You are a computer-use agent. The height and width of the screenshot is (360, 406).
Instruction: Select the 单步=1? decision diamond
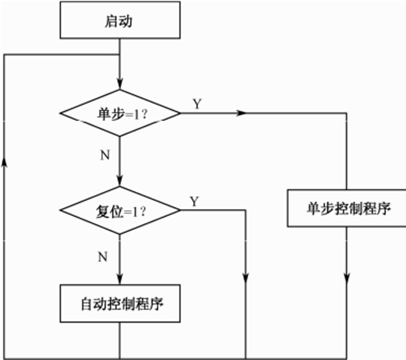pyautogui.click(x=119, y=113)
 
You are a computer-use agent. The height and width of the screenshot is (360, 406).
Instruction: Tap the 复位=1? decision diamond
pyautogui.click(x=119, y=210)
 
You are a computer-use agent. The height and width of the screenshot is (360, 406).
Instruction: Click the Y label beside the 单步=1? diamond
pyautogui.click(x=197, y=104)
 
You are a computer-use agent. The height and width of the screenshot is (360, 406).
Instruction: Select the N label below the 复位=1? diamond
pyautogui.click(x=103, y=257)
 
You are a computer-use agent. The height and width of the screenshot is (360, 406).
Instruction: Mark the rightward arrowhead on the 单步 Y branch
pyautogui.click(x=241, y=113)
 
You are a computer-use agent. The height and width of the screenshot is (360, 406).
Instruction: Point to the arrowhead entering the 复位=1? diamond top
pyautogui.click(x=119, y=181)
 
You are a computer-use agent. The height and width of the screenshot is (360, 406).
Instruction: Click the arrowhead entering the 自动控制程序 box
pyautogui.click(x=119, y=279)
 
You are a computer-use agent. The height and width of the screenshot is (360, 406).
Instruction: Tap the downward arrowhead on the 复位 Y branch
pyautogui.click(x=246, y=278)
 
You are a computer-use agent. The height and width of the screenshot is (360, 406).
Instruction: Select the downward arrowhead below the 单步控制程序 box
pyautogui.click(x=347, y=278)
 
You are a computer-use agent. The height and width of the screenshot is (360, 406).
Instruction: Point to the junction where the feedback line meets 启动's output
pyautogui.click(x=119, y=54)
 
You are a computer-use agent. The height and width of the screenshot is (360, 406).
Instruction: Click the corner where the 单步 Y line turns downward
pyautogui.click(x=347, y=113)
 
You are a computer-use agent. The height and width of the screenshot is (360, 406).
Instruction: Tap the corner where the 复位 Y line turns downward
pyautogui.click(x=246, y=210)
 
